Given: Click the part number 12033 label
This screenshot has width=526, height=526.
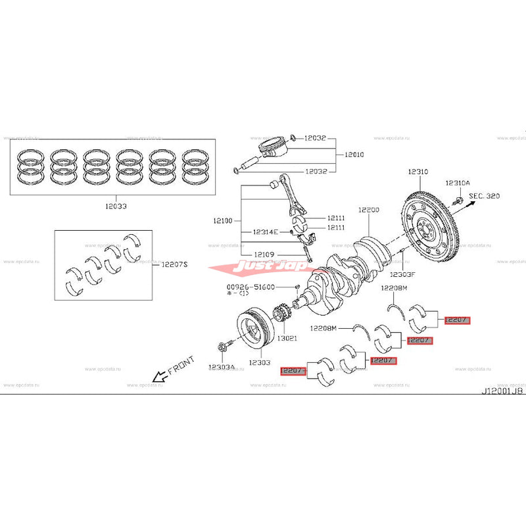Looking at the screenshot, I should click(x=114, y=206).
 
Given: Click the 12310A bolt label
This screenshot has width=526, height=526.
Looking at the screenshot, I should click(x=458, y=183).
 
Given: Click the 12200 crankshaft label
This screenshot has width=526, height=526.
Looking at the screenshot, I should click(x=369, y=210).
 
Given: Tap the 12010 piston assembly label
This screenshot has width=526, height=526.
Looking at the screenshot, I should click(x=354, y=155).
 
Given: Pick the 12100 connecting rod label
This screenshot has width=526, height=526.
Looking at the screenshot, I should click(x=223, y=222).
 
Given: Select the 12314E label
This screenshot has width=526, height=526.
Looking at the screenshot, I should click(x=266, y=232).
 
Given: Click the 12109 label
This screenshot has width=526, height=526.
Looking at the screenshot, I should click(x=267, y=254).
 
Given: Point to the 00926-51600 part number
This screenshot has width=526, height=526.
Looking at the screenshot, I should click(x=251, y=287).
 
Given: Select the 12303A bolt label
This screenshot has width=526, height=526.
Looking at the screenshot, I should click(x=221, y=367).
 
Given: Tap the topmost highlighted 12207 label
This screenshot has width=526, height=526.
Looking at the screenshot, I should click(x=456, y=320).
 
